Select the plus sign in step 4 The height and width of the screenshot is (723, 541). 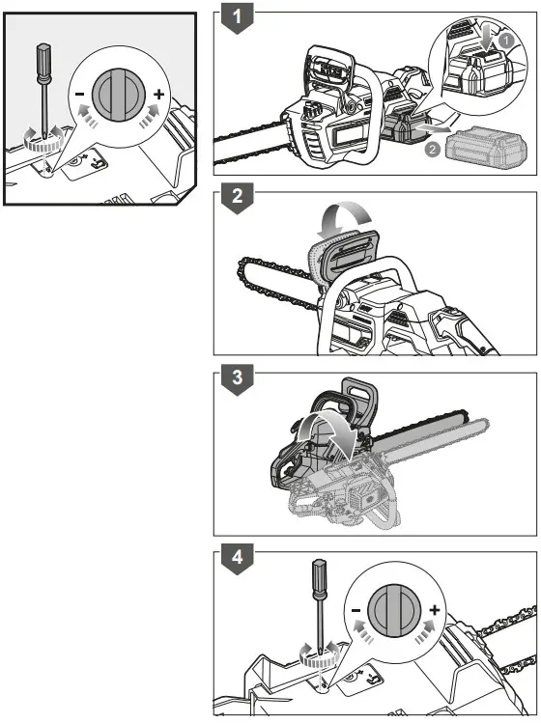point(435,610)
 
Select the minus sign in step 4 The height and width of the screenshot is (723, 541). point(356,610)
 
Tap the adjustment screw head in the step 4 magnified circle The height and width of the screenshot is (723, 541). point(395,610)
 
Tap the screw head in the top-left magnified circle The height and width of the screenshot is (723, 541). point(118,95)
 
